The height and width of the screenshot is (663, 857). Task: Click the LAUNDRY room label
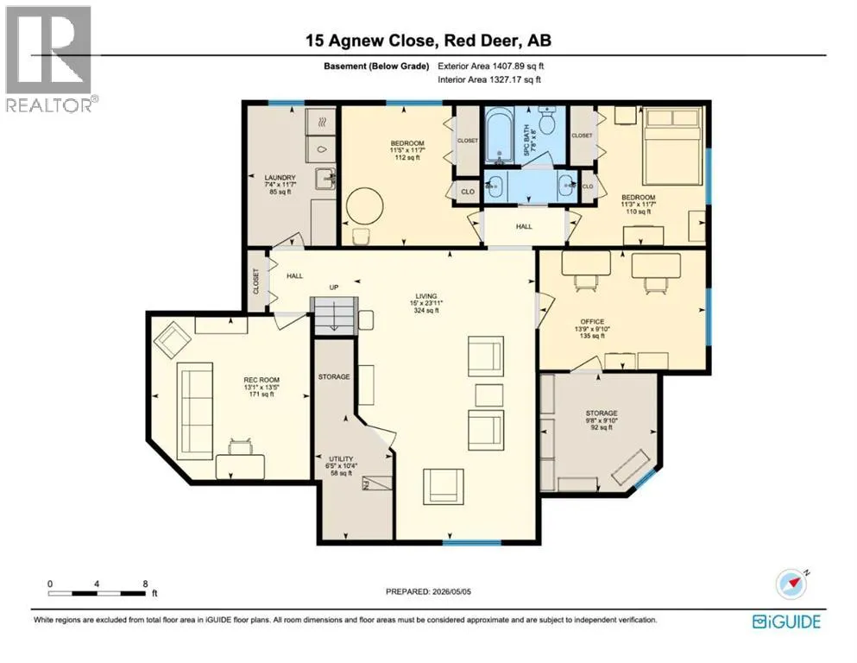point(280,178)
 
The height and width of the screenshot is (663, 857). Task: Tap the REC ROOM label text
point(262,380)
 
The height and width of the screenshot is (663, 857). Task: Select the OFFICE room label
point(592,322)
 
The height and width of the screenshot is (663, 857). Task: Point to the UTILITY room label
point(341,459)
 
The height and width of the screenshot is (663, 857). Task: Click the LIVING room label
point(426,296)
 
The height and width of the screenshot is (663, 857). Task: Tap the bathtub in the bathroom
point(499,135)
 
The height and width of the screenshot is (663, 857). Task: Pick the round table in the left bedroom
point(364,206)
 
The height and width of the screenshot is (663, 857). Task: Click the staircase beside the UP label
point(334,315)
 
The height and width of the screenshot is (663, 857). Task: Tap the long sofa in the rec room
point(195,411)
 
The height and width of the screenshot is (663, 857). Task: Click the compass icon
point(791,584)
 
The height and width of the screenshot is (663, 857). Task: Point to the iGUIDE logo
point(786,622)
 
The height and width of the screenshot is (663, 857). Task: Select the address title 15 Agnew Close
point(370,41)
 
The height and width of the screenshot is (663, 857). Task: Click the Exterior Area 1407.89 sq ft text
point(491,66)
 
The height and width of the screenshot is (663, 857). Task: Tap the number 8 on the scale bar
point(145,584)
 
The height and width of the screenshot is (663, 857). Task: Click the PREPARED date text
point(428,591)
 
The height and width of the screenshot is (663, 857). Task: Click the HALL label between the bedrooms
point(524,226)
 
